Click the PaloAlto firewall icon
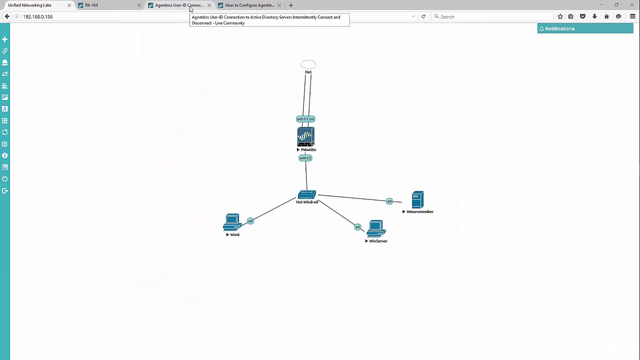pos(305,136)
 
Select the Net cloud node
pos(308,64)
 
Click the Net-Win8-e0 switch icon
pos(307,194)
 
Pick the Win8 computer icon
pos(232,223)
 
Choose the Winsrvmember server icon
pos(417,200)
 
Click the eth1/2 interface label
pos(305,158)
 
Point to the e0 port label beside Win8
pos(250,221)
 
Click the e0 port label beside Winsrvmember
pos(389,201)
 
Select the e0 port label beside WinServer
pos(357,227)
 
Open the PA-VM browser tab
pos(91,5)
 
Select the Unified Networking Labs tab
pos(29,5)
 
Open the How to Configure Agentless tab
pos(249,5)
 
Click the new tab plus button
pos(291,5)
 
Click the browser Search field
pos(492,16)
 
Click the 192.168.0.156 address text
pos(37,16)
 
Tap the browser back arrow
pos(7,16)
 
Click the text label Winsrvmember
pos(420,211)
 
